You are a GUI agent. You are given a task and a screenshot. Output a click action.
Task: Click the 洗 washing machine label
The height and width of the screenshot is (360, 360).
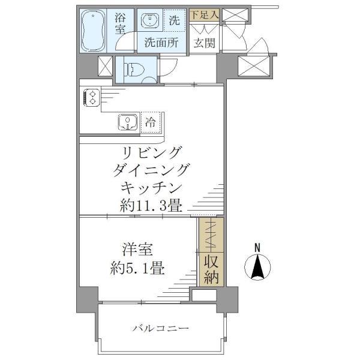coord(174,20)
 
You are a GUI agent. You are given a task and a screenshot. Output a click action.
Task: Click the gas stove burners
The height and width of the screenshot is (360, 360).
coord(92,96)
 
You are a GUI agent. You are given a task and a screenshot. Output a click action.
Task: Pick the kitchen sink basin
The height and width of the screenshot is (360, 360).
coord(128,122)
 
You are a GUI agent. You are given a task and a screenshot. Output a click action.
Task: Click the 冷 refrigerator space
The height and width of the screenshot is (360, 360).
coord(151,122)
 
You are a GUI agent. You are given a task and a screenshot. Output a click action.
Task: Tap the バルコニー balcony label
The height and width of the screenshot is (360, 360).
coord(161,328)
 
